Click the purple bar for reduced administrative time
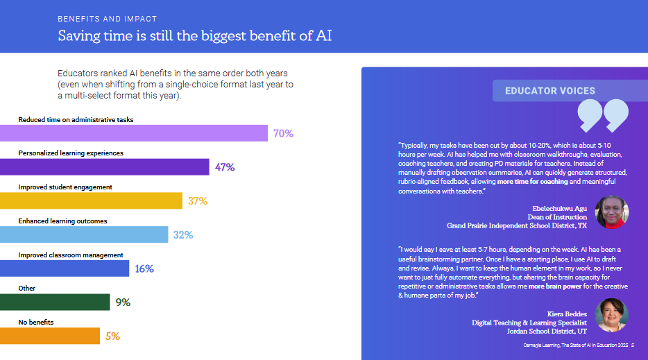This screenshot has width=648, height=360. point(134,133)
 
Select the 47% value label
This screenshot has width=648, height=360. point(225,167)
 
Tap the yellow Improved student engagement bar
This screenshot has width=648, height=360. point(91,200)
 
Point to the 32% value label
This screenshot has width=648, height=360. point(183,234)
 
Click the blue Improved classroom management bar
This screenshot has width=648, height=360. point(65,268)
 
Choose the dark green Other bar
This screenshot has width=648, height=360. point(55,302)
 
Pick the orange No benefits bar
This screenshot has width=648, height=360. point(50,336)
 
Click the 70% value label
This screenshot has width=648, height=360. point(283,133)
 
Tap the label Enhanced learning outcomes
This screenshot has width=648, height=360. point(62,221)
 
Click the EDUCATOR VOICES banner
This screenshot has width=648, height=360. point(550,91)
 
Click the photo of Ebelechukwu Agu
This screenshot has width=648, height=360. point(611,212)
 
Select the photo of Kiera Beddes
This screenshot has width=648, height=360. point(611,315)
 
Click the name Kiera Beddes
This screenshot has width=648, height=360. point(567,314)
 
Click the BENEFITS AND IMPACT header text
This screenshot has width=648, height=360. point(108,19)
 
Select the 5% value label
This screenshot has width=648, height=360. point(112,336)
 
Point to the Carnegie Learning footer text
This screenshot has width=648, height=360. point(575,345)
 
